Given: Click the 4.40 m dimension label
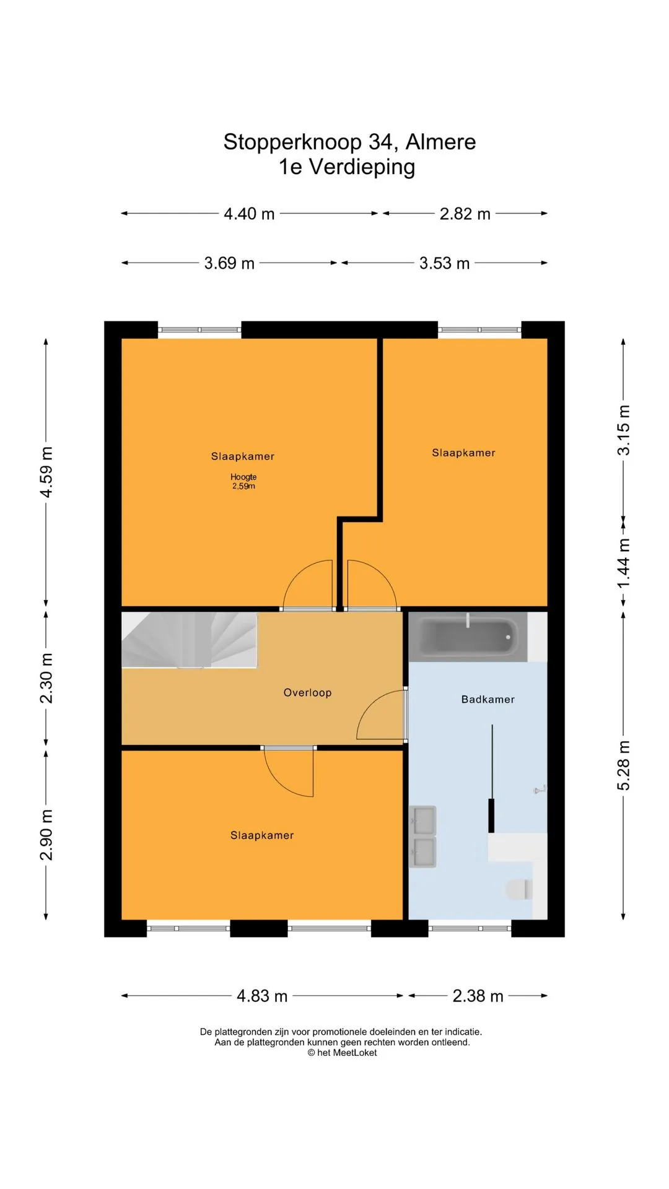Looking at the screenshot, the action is [x=249, y=214].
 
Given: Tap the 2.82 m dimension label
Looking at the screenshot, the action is [x=465, y=214].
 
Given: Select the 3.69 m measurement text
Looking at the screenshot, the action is [x=229, y=263].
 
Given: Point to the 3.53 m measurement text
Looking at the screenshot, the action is [x=444, y=263].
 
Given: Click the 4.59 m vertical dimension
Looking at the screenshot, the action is [x=46, y=471].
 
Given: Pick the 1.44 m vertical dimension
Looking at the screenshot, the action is [x=624, y=564].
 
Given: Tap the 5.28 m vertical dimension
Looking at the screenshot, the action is [x=624, y=765].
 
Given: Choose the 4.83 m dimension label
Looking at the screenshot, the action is [x=262, y=996].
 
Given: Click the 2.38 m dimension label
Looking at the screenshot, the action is [x=478, y=996].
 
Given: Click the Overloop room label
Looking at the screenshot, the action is [x=307, y=692].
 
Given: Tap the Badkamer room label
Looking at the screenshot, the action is [x=488, y=699].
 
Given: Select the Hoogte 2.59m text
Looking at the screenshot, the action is [x=243, y=481].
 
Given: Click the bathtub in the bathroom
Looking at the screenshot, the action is [x=469, y=637].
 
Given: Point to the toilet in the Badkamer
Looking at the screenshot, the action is [x=519, y=889].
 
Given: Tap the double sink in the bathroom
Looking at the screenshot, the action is [x=423, y=836].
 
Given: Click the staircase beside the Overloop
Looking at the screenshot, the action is [x=189, y=640].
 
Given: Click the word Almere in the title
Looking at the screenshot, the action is [x=440, y=142].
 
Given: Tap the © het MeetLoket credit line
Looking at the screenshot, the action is [x=342, y=1053].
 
